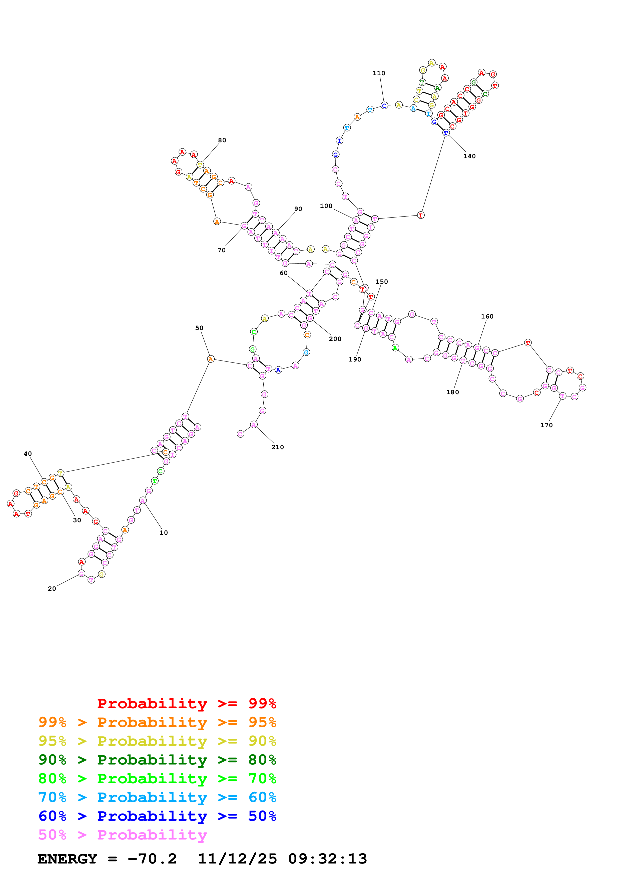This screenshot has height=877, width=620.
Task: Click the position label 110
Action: (x=379, y=73)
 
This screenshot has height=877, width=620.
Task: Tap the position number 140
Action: (x=469, y=156)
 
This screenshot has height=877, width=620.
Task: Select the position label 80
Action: (x=222, y=140)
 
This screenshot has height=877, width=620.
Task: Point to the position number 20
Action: (x=52, y=588)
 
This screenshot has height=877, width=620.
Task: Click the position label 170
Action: (x=546, y=425)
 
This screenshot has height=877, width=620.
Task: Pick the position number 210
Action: (x=277, y=447)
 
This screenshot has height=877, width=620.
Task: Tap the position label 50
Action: (x=199, y=328)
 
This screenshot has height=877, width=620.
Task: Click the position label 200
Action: (x=335, y=339)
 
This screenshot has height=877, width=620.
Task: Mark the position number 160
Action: (x=487, y=317)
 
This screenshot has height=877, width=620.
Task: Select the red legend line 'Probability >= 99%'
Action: (x=186, y=703)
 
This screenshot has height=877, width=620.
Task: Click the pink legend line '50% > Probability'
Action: (x=122, y=834)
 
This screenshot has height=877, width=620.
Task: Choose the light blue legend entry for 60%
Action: (x=157, y=797)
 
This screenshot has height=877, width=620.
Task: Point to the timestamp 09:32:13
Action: (x=327, y=859)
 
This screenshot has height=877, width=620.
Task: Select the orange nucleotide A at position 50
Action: (x=211, y=359)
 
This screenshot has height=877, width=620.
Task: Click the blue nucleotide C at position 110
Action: (x=384, y=105)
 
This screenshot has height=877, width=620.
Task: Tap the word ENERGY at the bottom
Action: (x=67, y=859)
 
